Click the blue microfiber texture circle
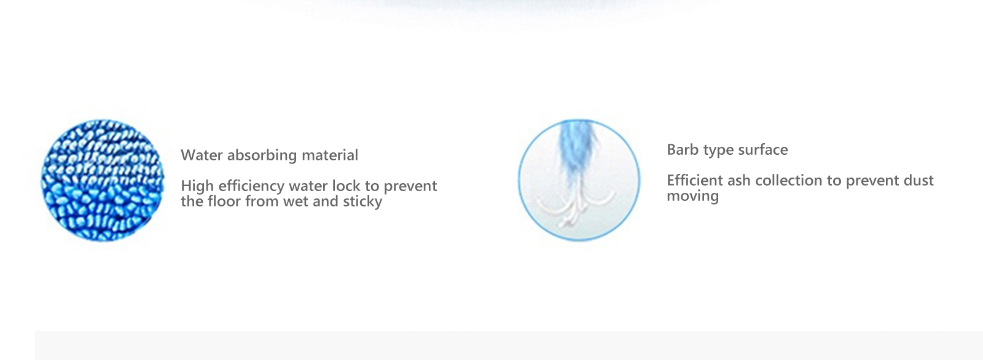pos(102,180)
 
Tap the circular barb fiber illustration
pos(579,180)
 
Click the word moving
pos(692,197)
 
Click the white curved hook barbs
pos(576,207)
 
